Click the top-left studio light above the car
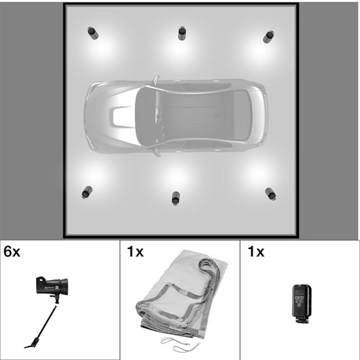point(93,33)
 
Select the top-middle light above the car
point(182,34)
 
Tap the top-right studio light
point(269,37)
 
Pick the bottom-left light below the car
point(87,192)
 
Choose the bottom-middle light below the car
point(176,198)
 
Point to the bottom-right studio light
point(271,194)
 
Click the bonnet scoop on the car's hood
point(119,116)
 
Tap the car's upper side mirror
point(156,81)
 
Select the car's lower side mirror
point(156,152)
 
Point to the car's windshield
point(147,116)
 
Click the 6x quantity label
point(12,252)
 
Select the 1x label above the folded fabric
point(135,252)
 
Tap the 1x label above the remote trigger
point(256,252)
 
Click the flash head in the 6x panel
point(52,286)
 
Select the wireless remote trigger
point(302,304)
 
